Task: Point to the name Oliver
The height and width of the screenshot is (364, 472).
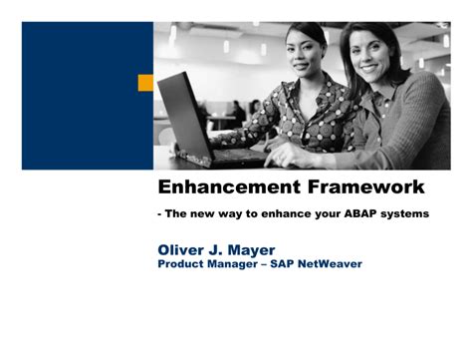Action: pyautogui.click(x=187, y=248)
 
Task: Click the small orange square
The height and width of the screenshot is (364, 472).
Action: pyautogui.click(x=145, y=83)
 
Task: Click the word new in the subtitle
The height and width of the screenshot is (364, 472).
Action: pyautogui.click(x=204, y=213)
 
